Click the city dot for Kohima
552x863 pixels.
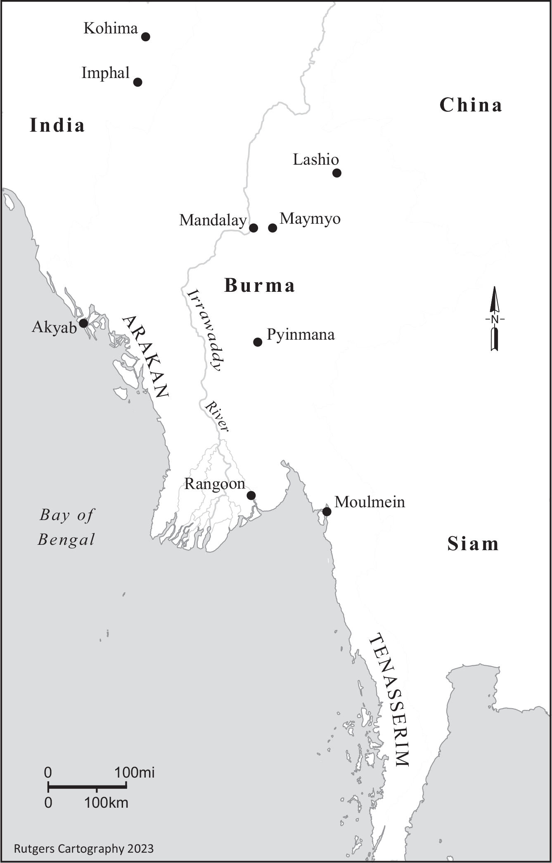(x=145, y=37)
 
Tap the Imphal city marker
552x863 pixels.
(x=138, y=82)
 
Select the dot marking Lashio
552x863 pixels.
(x=337, y=173)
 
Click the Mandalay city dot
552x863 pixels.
(x=253, y=228)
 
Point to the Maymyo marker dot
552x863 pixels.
(x=272, y=228)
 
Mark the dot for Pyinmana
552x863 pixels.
(x=258, y=342)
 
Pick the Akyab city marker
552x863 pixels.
(x=83, y=323)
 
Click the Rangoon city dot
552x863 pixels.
(x=251, y=495)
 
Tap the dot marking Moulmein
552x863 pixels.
(x=327, y=512)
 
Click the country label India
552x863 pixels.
(x=57, y=125)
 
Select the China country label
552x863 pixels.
(x=471, y=105)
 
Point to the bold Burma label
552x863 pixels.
(x=259, y=286)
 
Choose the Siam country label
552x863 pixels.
(x=473, y=544)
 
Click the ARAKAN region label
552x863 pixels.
(x=145, y=357)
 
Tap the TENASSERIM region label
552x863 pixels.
(x=389, y=700)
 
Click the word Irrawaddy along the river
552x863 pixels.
(x=205, y=330)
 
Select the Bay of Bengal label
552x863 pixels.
(x=66, y=527)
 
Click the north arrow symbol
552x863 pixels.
(x=495, y=319)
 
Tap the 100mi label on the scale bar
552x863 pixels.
(x=135, y=773)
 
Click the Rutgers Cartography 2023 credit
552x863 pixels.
(x=84, y=849)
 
